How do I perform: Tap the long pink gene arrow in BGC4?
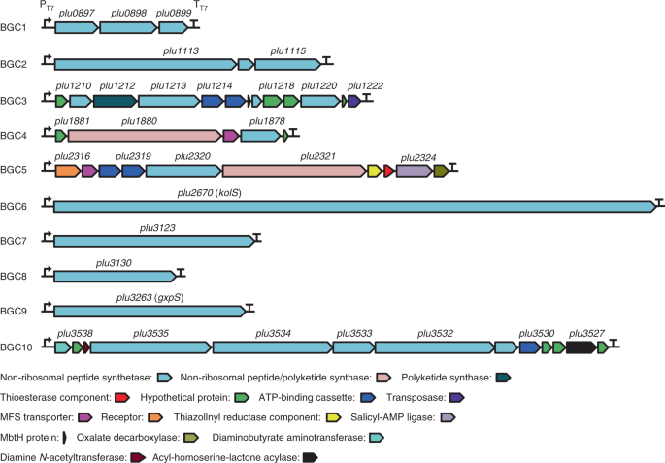[143, 136]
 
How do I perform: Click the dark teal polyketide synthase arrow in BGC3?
[114, 100]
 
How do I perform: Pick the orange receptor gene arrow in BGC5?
[67, 171]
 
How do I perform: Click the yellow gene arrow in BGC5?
[374, 171]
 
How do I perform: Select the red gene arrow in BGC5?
[388, 171]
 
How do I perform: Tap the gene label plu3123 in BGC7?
[156, 227]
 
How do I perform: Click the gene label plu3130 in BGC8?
[114, 263]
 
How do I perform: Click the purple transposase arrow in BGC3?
[354, 100]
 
